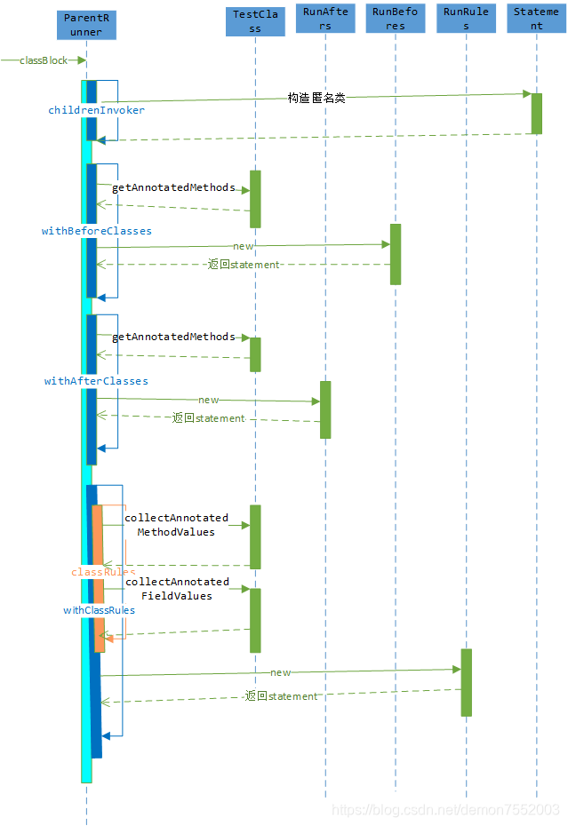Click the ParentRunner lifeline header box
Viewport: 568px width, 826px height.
point(85,24)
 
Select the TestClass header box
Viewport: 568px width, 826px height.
point(254,20)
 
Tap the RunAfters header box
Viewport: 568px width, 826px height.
point(325,19)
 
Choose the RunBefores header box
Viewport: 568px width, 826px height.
point(396,19)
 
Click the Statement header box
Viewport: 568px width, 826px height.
point(536,19)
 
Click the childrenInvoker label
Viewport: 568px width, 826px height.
point(96,110)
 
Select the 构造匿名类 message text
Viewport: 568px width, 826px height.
point(316,98)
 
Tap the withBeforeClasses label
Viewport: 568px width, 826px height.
point(96,231)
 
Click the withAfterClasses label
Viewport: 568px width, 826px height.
point(96,381)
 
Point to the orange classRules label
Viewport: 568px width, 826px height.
point(103,572)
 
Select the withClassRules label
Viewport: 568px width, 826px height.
point(99,610)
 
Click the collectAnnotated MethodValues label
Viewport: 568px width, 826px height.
point(176,524)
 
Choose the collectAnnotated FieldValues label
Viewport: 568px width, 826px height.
point(176,588)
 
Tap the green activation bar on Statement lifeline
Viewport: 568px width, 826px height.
point(537,113)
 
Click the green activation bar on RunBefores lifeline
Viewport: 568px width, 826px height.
point(396,254)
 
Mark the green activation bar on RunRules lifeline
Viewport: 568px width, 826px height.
point(466,682)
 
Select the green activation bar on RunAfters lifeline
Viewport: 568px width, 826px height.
point(325,409)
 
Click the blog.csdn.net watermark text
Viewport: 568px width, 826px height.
point(445,809)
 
